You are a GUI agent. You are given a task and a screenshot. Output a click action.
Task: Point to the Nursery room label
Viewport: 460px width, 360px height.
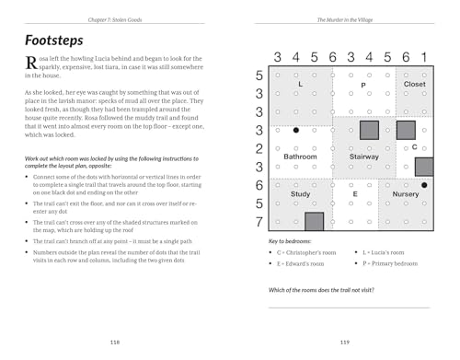point(406,194)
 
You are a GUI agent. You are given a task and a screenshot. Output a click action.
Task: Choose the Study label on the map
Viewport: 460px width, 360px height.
point(300,194)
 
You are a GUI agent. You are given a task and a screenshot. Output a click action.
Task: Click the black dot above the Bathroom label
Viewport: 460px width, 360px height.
point(295,130)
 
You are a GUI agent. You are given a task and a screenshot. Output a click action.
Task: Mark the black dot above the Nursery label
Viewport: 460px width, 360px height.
point(423,185)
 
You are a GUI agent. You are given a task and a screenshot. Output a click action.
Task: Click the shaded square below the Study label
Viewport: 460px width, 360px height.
point(314,221)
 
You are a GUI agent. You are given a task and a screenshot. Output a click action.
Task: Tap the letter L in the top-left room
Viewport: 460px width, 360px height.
point(301,85)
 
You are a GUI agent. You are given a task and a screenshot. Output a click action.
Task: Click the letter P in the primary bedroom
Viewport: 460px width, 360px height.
point(363,85)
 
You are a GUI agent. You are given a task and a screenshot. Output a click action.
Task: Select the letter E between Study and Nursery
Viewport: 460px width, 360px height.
point(355,194)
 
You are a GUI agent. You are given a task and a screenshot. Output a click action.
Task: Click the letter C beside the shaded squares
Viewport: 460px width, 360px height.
point(414,147)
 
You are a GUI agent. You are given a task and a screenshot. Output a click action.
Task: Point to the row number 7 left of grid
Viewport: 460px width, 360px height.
point(260,221)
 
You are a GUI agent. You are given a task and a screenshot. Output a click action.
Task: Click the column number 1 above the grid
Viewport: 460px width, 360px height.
point(424,57)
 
